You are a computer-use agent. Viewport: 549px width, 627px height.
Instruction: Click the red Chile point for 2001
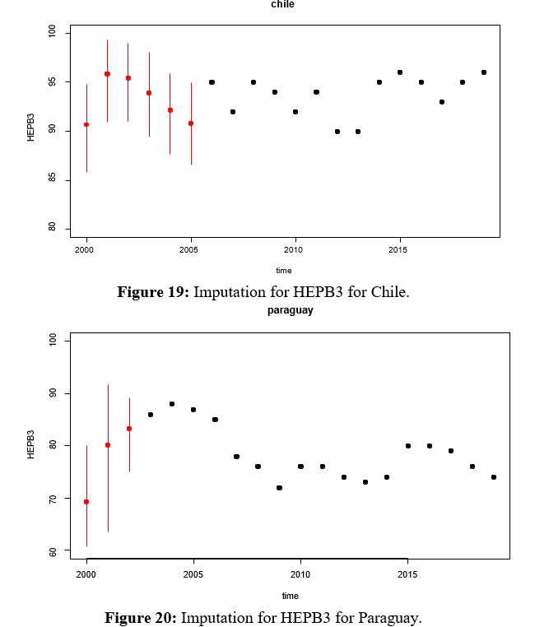tap(107, 74)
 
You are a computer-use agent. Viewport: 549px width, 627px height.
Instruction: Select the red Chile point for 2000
tap(86, 124)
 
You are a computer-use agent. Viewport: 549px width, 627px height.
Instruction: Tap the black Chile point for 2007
tap(233, 112)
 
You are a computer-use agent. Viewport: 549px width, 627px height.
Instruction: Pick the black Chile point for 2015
tap(400, 72)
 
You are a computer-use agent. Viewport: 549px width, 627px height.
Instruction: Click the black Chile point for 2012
tap(337, 132)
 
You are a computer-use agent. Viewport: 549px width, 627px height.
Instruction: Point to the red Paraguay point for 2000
tap(86, 501)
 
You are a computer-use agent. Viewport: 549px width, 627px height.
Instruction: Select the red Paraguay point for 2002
tap(129, 428)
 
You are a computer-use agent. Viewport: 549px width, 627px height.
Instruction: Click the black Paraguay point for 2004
tap(172, 404)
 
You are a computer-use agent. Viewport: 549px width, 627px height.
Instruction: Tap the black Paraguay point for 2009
tap(279, 488)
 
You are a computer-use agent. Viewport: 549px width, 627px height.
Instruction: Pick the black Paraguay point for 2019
tap(494, 477)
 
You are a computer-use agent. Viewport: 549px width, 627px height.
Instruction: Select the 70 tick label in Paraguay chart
tap(52, 499)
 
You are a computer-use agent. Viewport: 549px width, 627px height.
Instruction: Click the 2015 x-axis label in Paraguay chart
tap(407, 574)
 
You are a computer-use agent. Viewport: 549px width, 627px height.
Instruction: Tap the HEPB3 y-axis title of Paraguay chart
tap(31, 445)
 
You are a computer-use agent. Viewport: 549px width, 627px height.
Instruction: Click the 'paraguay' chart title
tap(290, 311)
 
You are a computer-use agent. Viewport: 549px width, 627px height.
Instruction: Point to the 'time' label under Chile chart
tap(283, 270)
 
